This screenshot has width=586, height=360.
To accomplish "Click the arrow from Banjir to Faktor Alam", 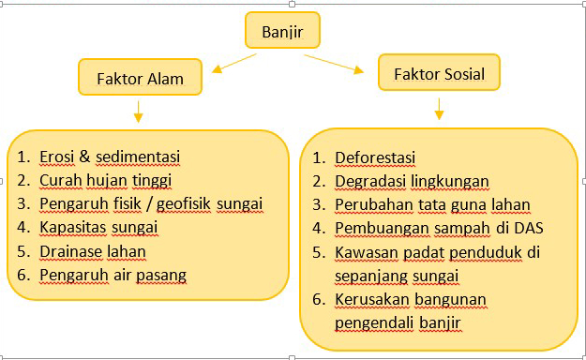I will tap(233, 64).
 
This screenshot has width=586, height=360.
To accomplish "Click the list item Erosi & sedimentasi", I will tap(110, 157).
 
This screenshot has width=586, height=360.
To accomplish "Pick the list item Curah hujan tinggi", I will tap(105, 180).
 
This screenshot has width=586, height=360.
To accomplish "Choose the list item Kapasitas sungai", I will tap(98, 228).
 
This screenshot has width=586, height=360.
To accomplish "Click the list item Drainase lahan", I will tap(93, 251).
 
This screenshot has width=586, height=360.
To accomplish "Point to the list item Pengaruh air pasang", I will tap(113, 275).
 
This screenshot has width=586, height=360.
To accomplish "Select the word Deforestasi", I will tap(375, 157).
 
